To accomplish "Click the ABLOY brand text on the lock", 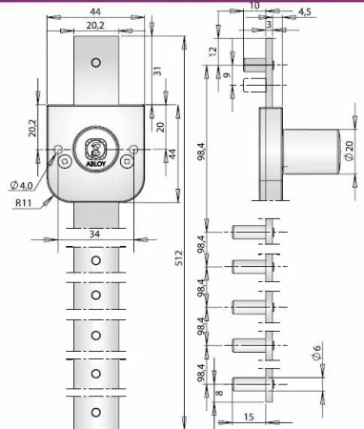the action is (95, 164).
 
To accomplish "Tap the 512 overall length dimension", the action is (179, 258).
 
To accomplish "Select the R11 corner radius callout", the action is (24, 203).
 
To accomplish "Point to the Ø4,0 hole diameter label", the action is (21, 185).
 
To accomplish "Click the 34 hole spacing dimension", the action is (94, 235).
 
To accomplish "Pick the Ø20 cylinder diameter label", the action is (349, 151).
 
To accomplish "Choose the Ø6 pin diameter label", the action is (316, 353).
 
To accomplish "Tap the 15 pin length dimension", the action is (249, 417).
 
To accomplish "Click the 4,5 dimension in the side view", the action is (305, 11).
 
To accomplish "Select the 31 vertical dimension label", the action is (157, 71).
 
